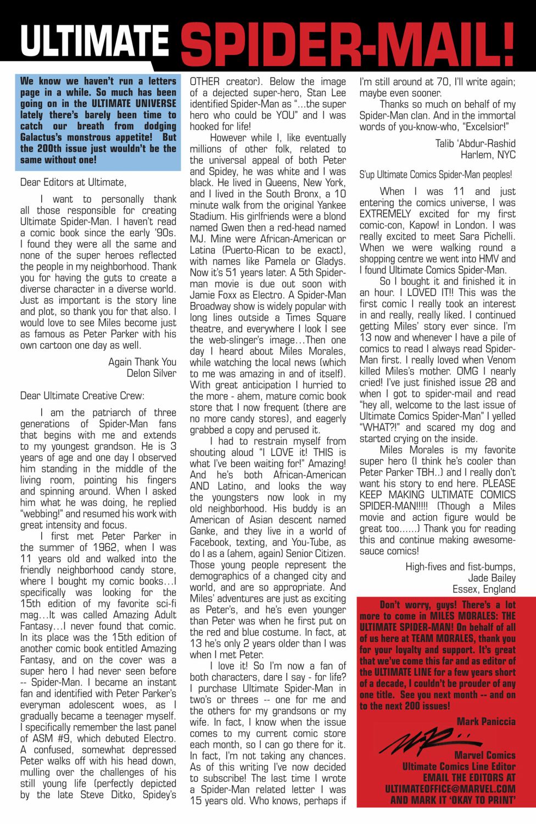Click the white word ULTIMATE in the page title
point(94,40)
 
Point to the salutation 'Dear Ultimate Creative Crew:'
point(82,396)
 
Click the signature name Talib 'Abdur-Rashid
point(475,143)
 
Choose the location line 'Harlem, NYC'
point(488,155)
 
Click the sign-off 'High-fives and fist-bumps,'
point(460,567)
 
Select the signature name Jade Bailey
point(492,578)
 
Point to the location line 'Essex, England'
point(483,589)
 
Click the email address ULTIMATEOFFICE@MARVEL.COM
point(450,789)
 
